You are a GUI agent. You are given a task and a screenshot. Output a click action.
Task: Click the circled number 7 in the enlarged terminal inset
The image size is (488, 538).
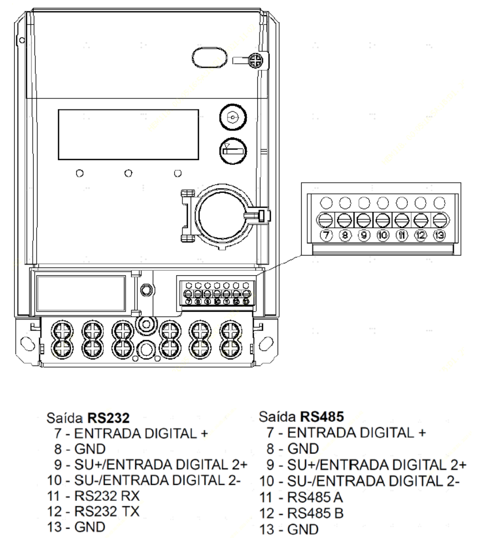coord(326,235)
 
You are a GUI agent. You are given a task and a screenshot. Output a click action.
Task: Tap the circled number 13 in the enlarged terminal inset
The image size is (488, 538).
coord(440,235)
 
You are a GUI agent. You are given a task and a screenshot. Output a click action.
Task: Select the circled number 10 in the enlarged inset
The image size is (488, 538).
coord(383,235)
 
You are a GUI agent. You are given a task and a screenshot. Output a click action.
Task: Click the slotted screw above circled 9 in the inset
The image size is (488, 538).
coord(364,221)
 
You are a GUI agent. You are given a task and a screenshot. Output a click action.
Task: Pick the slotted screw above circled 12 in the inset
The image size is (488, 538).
coord(421,221)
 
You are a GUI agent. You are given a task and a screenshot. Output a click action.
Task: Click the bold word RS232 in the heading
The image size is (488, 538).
coord(109,418)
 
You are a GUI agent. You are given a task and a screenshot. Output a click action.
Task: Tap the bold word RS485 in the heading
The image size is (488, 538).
coord(322,417)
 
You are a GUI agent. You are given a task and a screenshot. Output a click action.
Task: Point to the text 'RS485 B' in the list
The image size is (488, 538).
coord(315,513)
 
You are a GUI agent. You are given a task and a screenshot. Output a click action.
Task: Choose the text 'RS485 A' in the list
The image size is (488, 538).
coord(315,497)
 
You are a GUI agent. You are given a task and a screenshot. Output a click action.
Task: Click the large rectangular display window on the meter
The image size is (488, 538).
coord(128,134)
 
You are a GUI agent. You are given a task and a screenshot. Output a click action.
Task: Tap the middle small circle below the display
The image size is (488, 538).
coord(128,173)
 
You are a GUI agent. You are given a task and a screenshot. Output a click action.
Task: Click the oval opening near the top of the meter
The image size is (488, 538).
coord(209,58)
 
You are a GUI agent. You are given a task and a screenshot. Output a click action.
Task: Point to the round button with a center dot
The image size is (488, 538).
coord(233,117)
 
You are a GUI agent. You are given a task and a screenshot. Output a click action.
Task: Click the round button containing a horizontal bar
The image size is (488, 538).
coord(233,151)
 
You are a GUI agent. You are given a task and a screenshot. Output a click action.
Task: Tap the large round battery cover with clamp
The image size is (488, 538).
coord(222,217)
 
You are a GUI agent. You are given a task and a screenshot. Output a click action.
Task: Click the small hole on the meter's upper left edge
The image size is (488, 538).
coord(22,40)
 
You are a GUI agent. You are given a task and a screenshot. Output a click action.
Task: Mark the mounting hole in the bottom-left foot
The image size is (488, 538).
coord(28,343)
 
